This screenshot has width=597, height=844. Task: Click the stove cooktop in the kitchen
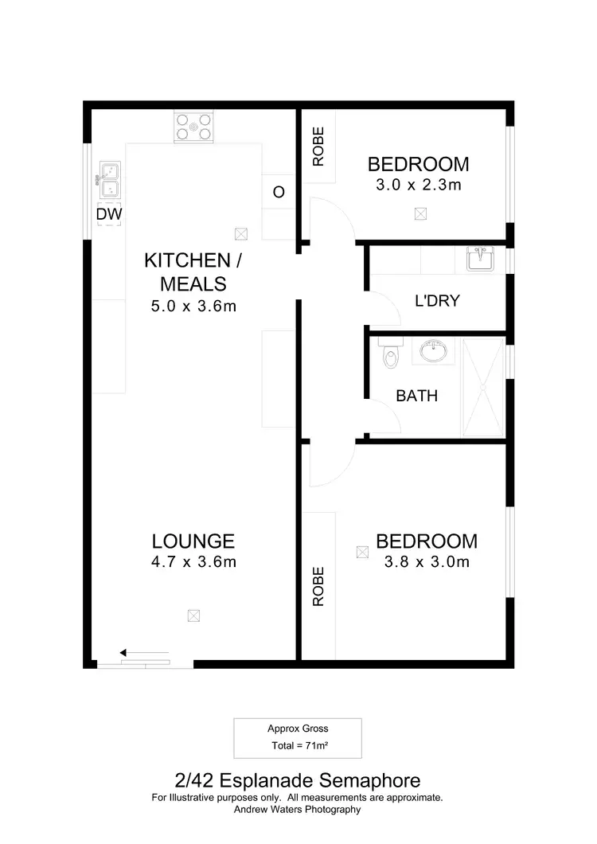[x=194, y=127]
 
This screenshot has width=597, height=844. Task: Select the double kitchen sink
[x=108, y=180]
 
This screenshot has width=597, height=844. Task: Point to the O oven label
[x=279, y=193]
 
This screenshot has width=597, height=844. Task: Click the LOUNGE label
[x=193, y=541]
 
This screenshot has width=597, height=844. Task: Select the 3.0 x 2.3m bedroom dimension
[x=418, y=185]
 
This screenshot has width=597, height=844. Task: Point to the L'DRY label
[x=437, y=301]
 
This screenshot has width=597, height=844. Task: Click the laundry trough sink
[x=480, y=259]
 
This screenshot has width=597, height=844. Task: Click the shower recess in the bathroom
[x=483, y=388]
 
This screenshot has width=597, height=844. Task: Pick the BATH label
[x=417, y=395]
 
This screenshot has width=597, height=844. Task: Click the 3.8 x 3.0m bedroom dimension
[x=427, y=562]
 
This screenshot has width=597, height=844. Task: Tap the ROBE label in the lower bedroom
[x=318, y=587]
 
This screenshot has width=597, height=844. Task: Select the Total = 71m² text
[x=297, y=747]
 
